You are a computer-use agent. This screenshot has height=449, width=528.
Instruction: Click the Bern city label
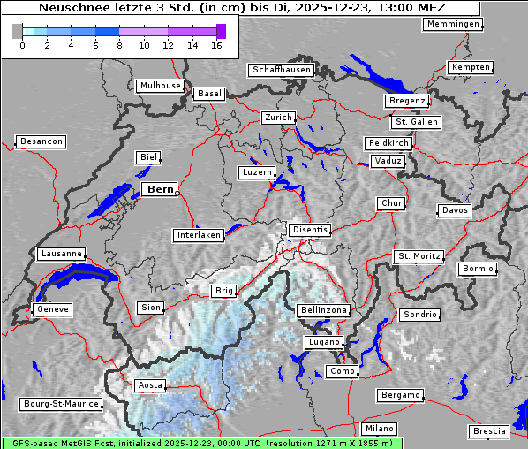[x=160, y=189]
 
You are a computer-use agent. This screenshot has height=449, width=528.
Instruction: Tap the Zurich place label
[x=277, y=118]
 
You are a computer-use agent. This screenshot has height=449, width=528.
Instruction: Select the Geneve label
[x=52, y=309]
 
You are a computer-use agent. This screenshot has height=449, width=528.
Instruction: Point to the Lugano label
[x=322, y=342]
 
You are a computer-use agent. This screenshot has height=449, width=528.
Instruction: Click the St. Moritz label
[x=419, y=256]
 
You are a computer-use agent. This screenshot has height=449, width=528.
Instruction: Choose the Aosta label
[x=149, y=385]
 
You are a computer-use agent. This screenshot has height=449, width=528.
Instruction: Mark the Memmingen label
[x=452, y=24]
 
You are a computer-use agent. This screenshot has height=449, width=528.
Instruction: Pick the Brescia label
[x=489, y=431]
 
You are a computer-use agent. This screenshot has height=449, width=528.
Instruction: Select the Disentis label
[x=310, y=230]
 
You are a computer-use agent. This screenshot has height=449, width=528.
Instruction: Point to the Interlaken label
[x=198, y=235]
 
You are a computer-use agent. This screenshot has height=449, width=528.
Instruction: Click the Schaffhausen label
[x=281, y=69]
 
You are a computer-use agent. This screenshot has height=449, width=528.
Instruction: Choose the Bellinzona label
[x=324, y=310]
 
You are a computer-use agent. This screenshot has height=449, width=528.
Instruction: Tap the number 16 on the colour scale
[x=216, y=45]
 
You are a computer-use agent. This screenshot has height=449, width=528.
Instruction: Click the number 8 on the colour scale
[x=119, y=45]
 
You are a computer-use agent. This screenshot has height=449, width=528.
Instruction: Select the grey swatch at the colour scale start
[x=17, y=31]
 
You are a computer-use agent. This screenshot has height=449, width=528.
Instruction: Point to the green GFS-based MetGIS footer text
[x=201, y=443]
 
